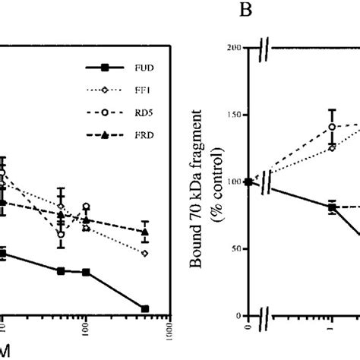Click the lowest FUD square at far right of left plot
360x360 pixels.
click(145, 308)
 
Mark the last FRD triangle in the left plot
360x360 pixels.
click(145, 232)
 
